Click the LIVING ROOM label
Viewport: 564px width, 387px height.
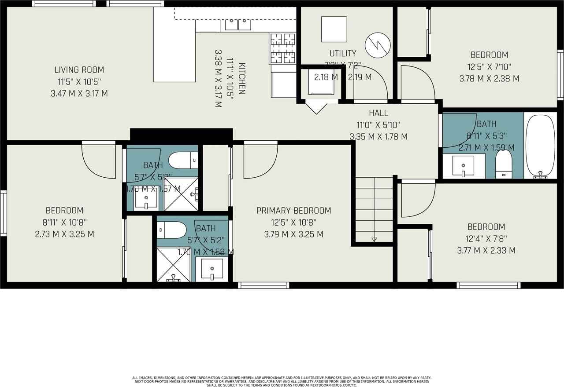click(79, 69)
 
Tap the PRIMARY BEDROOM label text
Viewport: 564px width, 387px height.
click(293, 211)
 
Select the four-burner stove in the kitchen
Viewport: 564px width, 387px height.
click(282, 48)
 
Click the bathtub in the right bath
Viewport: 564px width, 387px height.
click(540, 146)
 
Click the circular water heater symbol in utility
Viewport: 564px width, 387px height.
click(378, 45)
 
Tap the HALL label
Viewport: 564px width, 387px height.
click(378, 113)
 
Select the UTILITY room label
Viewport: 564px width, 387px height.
click(343, 53)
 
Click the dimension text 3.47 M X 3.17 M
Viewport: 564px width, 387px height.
click(79, 93)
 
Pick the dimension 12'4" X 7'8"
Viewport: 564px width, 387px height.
click(486, 239)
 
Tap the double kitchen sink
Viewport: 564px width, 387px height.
click(238, 25)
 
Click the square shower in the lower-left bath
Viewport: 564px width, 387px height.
click(173, 265)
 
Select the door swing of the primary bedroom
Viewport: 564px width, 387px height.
click(260, 161)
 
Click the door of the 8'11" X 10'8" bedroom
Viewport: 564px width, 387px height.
click(99, 161)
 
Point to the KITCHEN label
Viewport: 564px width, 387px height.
click(241, 79)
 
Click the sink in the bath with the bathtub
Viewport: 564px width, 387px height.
click(463, 166)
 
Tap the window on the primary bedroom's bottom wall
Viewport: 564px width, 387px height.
click(263, 285)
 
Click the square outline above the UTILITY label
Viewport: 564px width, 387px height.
click(334, 29)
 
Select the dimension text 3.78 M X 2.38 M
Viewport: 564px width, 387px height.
click(489, 79)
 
